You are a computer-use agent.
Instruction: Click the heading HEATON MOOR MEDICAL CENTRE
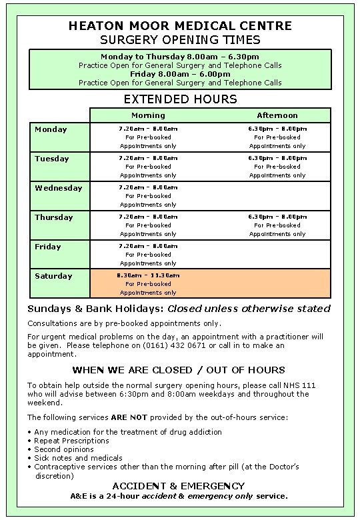click(180, 26)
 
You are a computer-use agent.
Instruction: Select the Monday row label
click(51, 129)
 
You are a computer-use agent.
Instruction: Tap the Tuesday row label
click(52, 159)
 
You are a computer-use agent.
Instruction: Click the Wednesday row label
click(59, 188)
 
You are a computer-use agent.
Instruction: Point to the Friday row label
click(47, 247)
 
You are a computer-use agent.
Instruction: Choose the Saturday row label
click(53, 276)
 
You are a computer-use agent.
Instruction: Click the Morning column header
click(148, 115)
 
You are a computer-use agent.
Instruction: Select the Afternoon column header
click(277, 115)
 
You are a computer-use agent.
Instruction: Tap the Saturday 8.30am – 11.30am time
click(148, 275)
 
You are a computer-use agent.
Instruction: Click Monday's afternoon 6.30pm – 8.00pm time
click(277, 129)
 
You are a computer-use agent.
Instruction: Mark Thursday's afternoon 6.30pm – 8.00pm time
click(277, 217)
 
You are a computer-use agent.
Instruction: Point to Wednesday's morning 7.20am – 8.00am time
click(148, 187)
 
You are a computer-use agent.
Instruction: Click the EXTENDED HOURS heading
click(180, 99)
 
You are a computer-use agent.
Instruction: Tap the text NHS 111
click(294, 385)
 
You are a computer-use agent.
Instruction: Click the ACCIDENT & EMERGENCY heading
click(179, 486)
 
